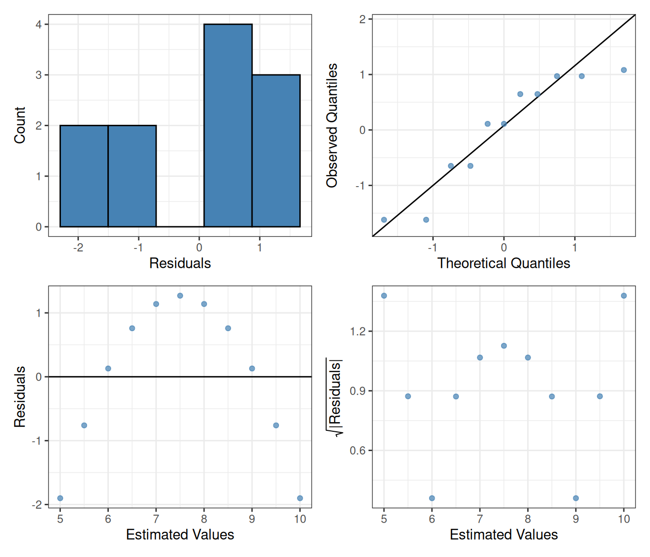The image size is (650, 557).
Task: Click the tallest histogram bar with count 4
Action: pos(228,125)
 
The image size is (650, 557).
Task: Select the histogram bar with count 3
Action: pos(276,150)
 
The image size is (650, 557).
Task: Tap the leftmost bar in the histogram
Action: pos(84,176)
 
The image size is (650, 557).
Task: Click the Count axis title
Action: pos(19,125)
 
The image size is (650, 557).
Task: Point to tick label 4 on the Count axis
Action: pos(39,24)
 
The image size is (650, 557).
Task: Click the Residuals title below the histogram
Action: pos(180,263)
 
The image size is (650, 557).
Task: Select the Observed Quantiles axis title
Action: pos(332,125)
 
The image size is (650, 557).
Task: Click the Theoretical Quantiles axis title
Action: pos(503,263)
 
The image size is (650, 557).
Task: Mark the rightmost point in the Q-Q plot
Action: pos(624,70)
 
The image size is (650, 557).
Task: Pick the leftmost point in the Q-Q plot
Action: pos(384,220)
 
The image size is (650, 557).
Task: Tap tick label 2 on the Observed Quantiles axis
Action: pos(362,19)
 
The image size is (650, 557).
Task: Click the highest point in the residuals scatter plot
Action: pos(180,295)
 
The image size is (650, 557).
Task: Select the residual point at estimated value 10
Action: pos(300,498)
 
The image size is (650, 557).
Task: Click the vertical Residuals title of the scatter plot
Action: pos(19,396)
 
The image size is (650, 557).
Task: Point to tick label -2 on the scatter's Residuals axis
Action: pos(37,505)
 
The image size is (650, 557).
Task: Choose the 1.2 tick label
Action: pos(358,331)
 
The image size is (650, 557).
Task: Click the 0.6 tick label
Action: pos(358,451)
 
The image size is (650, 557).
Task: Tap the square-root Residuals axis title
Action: pos(334,396)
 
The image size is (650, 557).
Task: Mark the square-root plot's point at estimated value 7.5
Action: pos(504,346)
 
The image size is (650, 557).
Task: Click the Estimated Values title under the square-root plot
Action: pos(503,534)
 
